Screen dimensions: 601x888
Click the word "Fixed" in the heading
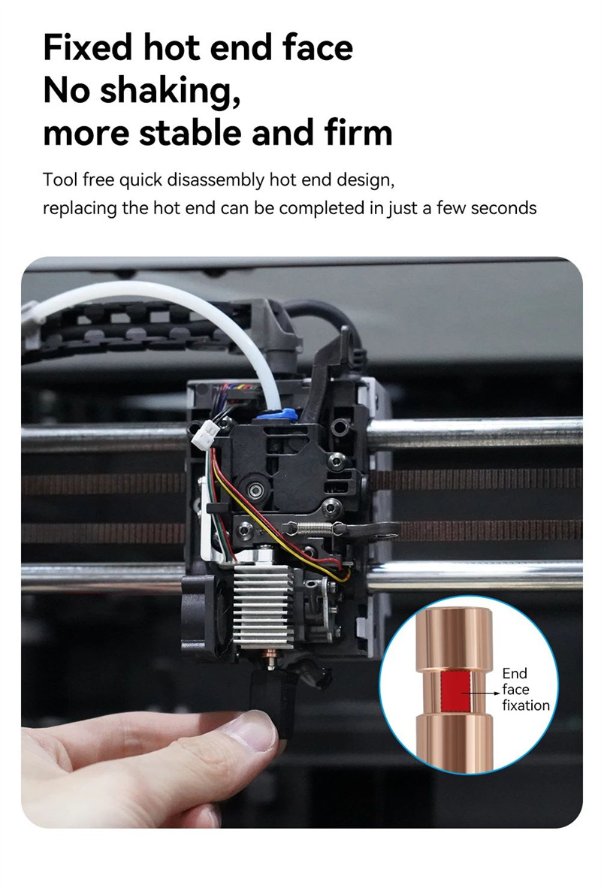[x=88, y=47]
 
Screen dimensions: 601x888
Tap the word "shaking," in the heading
[x=170, y=91]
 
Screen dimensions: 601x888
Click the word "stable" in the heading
[x=191, y=132]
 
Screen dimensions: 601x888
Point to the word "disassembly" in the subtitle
[x=216, y=180]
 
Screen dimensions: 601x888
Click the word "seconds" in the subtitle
[x=503, y=208]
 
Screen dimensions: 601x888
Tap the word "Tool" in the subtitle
[x=60, y=180]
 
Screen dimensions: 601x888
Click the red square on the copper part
[x=455, y=691]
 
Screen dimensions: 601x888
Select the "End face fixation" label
[x=525, y=689]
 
